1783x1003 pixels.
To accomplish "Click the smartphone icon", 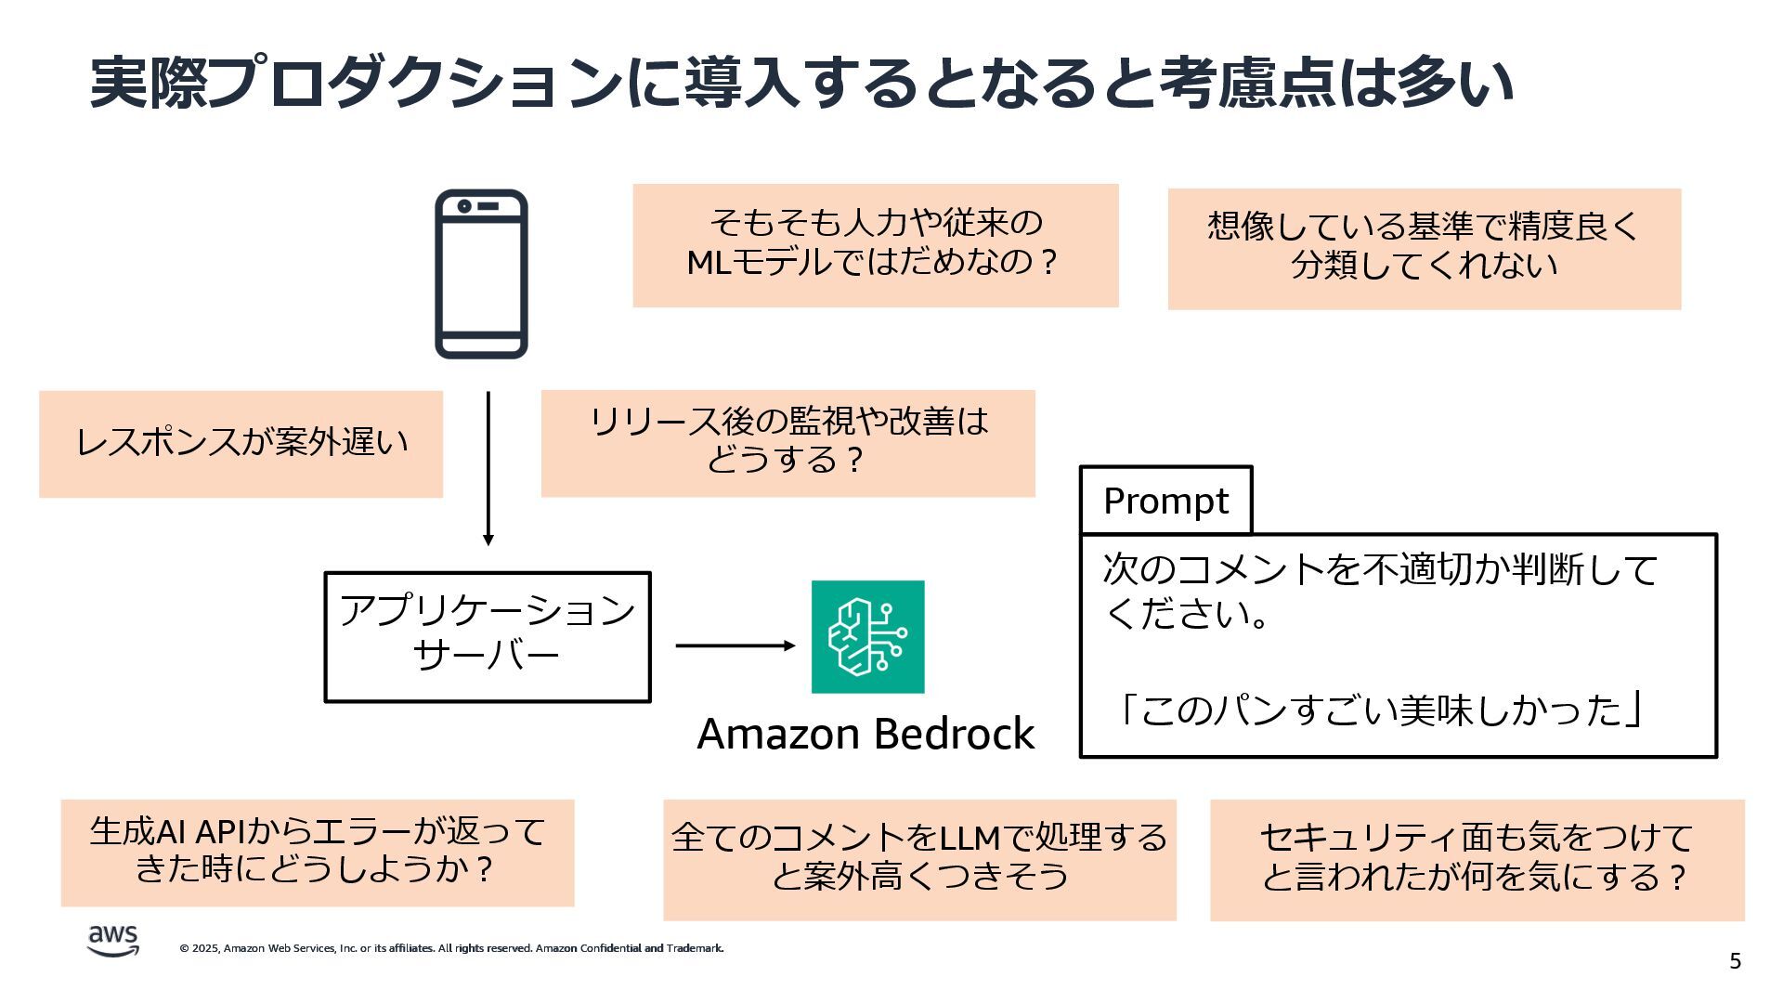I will pos(481,274).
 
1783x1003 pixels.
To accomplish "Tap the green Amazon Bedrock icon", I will pos(867,637).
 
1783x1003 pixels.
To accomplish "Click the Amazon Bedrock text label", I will pos(865,734).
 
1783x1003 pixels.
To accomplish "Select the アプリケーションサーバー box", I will pos(488,637).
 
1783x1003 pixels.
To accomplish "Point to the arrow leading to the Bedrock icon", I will pos(735,645).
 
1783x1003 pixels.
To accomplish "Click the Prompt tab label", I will pos(1165,501).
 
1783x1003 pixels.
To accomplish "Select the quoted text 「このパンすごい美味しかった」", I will pos(1379,710).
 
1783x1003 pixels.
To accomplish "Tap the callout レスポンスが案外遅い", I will pos(241,444).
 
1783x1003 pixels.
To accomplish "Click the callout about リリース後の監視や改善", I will pos(787,443).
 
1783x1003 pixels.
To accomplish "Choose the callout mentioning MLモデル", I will pos(875,245).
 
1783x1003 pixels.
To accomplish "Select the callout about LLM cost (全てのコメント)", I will pos(919,859).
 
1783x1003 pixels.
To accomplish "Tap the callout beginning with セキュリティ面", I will pos(1477,859).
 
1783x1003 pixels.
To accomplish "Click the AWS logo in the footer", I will pos(113,940).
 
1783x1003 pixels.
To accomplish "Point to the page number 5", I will pos(1735,961).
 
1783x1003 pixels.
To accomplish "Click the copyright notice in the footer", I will pos(451,948).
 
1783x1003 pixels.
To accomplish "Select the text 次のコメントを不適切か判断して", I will pos(1380,570).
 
